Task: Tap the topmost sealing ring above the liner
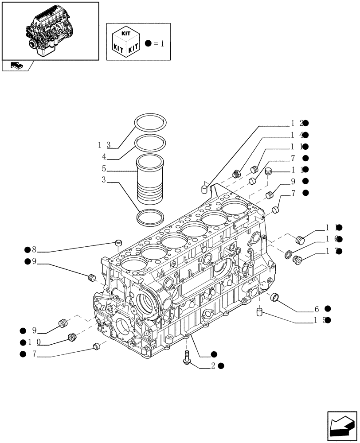tap(151, 123)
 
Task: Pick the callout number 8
tap(34, 249)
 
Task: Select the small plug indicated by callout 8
tap(118, 242)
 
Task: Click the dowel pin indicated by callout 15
tap(260, 313)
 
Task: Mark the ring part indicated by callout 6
tap(275, 297)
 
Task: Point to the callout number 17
tap(331, 251)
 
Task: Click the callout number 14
tap(297, 135)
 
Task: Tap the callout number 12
tap(297, 123)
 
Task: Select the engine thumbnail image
tap(50, 30)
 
